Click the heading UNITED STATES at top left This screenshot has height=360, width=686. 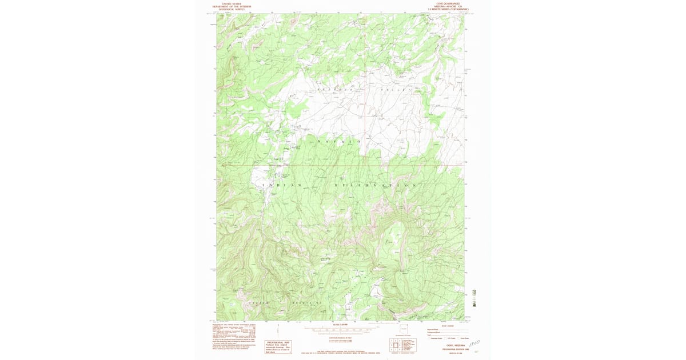click(x=232, y=3)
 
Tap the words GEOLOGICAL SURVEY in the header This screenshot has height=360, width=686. click(x=232, y=10)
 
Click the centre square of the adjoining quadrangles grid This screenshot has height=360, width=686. click(x=394, y=345)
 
